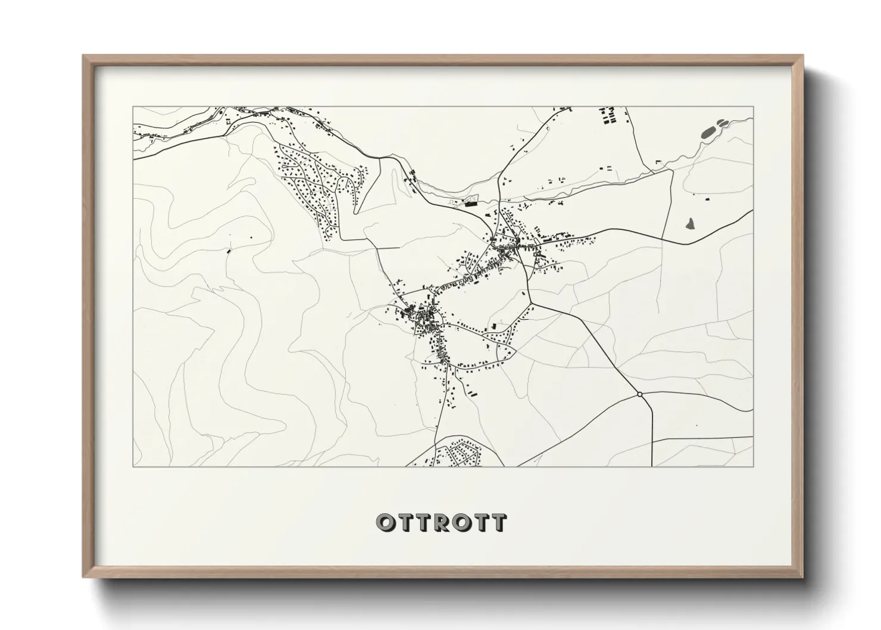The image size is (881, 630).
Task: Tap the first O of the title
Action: point(385,522)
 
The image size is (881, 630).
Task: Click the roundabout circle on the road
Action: point(639,394)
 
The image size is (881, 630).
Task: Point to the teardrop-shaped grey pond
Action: point(690,224)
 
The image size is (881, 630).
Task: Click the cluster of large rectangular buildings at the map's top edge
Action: point(608,116)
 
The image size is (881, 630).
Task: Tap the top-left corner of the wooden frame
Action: point(83,55)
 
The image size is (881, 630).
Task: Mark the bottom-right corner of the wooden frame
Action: point(803,578)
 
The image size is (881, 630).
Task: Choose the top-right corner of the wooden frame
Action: point(803,55)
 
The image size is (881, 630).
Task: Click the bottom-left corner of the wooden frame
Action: point(83,578)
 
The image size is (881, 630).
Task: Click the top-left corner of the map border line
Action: point(133,107)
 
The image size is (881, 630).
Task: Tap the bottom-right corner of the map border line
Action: point(754,466)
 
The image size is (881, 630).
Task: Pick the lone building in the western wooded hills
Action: point(229,251)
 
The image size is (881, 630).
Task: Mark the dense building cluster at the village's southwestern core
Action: point(423,319)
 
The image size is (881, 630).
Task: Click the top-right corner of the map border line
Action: point(754,107)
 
